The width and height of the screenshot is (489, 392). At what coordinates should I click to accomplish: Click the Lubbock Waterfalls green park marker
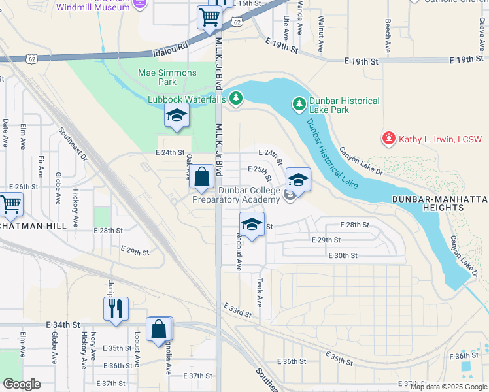pos(235,99)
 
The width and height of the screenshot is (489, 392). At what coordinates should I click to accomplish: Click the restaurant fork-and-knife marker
pos(116,308)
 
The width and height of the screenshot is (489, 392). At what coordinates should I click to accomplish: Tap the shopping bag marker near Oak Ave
pos(202,176)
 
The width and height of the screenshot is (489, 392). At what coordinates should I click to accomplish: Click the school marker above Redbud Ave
pos(252,223)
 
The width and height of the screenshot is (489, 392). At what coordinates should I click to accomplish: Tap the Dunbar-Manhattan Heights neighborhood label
pos(439,203)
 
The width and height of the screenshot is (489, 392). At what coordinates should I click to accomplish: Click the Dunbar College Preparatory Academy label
pos(239,195)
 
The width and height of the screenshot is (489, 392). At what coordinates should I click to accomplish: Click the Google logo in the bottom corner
pos(22,384)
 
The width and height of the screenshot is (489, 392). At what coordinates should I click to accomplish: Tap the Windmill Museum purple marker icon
pos(139,4)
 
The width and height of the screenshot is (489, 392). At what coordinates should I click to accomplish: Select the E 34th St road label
pos(63,325)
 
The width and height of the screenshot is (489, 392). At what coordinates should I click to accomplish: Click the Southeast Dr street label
pos(73,144)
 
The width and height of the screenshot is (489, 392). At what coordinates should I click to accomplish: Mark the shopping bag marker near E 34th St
pos(159,329)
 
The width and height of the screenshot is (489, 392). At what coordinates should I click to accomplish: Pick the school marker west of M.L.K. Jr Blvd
pos(176,117)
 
